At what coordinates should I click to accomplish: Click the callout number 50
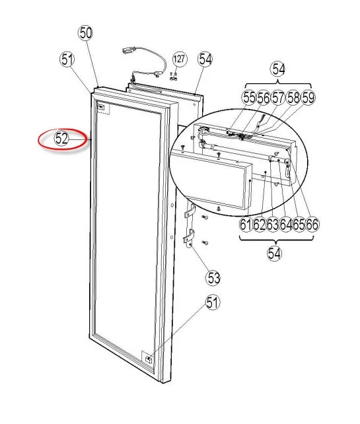click(85, 33)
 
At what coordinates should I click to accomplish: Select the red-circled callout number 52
click(61, 139)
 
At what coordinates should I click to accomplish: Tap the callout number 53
click(213, 277)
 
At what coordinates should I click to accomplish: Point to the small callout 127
click(179, 59)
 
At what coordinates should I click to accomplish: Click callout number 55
click(249, 97)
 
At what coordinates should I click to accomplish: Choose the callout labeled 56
click(264, 97)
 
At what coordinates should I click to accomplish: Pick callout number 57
click(278, 97)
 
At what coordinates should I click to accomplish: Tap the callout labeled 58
click(293, 97)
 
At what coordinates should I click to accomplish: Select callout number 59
click(308, 97)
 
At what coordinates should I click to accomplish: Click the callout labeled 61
click(246, 224)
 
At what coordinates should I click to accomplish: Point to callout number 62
click(259, 224)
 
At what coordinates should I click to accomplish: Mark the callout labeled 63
click(273, 224)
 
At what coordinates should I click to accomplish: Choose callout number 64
click(286, 224)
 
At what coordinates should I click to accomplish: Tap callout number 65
click(299, 224)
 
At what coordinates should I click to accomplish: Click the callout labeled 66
click(312, 224)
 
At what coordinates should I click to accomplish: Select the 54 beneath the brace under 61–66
click(275, 254)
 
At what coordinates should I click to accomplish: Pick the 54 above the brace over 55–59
click(279, 69)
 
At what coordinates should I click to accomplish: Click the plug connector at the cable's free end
click(127, 50)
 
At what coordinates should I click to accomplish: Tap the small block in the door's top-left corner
click(101, 108)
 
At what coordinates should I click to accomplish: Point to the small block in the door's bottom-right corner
click(149, 359)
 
